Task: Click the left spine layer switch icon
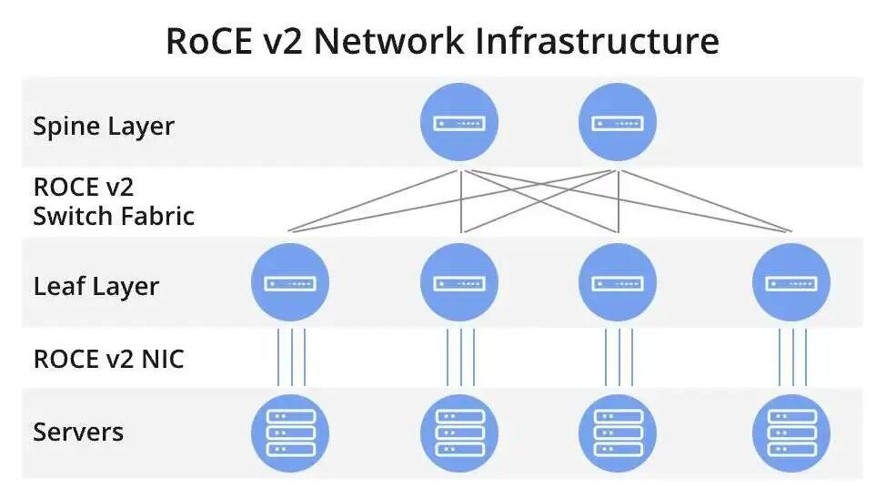(459, 122)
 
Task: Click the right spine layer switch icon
(618, 122)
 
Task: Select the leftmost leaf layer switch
(289, 282)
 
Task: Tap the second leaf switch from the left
(459, 282)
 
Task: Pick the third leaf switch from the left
(618, 282)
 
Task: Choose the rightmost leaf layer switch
(791, 282)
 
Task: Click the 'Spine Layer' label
(103, 126)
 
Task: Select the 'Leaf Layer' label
(96, 286)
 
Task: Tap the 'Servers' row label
(78, 431)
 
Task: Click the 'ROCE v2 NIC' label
(108, 359)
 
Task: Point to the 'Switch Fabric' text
(114, 216)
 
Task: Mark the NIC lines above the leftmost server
(290, 357)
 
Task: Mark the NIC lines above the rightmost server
(792, 357)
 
